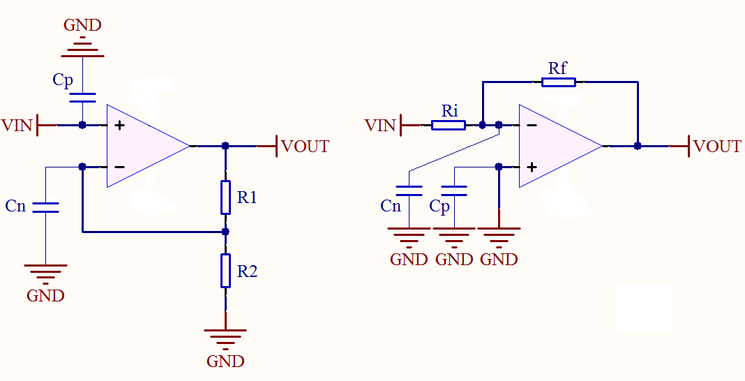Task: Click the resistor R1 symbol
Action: [225, 197]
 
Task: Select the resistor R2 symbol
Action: [225, 271]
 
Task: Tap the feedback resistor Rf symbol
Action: [559, 82]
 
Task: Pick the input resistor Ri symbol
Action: [449, 126]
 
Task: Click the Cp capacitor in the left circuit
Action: [82, 98]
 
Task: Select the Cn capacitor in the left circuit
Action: [45, 207]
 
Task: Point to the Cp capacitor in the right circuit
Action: [454, 191]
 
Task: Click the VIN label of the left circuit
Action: [17, 126]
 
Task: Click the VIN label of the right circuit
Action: [380, 126]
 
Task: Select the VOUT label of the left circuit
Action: [305, 147]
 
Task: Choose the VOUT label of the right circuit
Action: [717, 147]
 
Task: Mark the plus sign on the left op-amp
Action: [119, 126]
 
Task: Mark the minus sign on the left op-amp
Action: [119, 167]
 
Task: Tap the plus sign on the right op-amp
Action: [532, 167]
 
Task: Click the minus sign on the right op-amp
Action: [532, 126]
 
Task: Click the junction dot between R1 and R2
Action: [225, 232]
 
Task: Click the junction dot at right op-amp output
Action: [638, 147]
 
